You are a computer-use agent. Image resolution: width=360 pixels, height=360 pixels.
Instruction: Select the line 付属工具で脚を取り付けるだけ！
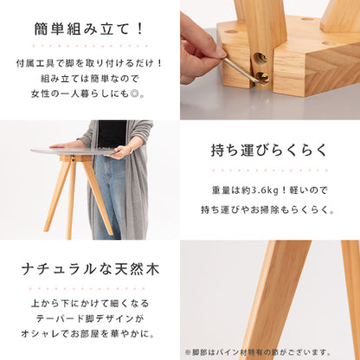coord(89,63)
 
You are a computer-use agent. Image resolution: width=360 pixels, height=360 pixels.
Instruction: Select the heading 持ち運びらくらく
coord(270,151)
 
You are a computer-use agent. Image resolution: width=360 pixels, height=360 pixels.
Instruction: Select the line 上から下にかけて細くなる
coord(89,303)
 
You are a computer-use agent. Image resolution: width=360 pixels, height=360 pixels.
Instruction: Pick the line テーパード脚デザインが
coord(89,318)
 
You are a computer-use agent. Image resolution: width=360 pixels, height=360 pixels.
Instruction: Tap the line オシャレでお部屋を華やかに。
coord(89,333)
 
